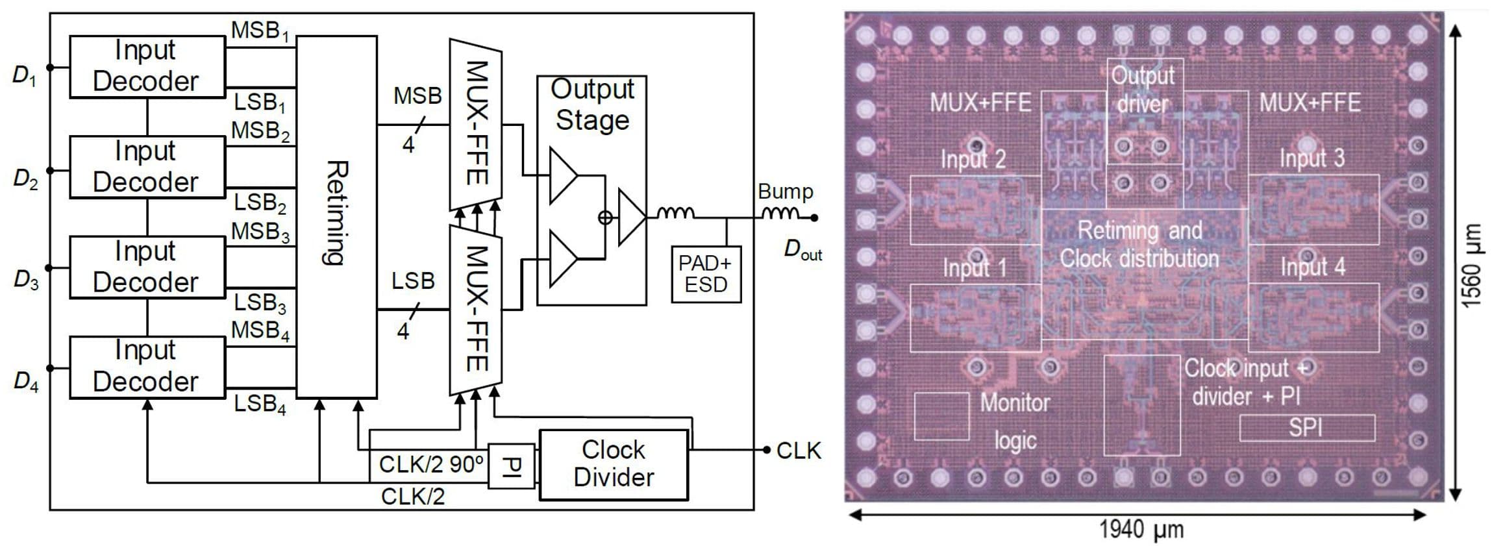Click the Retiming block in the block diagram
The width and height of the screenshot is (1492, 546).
pos(336,216)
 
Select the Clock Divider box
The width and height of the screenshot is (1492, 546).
pos(613,464)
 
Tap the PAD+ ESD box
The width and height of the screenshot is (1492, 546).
pos(706,274)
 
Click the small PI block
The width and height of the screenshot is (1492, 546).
pos(511,465)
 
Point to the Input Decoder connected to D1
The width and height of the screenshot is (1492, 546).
pos(147,66)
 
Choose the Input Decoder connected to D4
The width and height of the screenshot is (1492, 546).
pos(147,366)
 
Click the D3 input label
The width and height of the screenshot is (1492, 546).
pos(26,280)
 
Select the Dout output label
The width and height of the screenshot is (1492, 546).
pos(802,249)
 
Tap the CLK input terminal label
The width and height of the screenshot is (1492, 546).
pos(799,451)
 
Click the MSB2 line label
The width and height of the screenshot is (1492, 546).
pos(260,131)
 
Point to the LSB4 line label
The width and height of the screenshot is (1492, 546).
pos(260,404)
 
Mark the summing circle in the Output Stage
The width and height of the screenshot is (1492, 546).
pos(605,217)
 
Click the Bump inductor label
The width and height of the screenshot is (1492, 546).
pos(785,192)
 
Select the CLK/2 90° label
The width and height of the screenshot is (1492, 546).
pos(431,465)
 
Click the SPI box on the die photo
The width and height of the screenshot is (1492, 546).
pos(1306,428)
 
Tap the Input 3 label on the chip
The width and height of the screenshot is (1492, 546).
pos(1312,158)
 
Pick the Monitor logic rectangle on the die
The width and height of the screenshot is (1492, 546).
pos(941,416)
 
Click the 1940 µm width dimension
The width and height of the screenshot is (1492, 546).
pos(1141,529)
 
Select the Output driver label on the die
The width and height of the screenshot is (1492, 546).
pos(1143,90)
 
